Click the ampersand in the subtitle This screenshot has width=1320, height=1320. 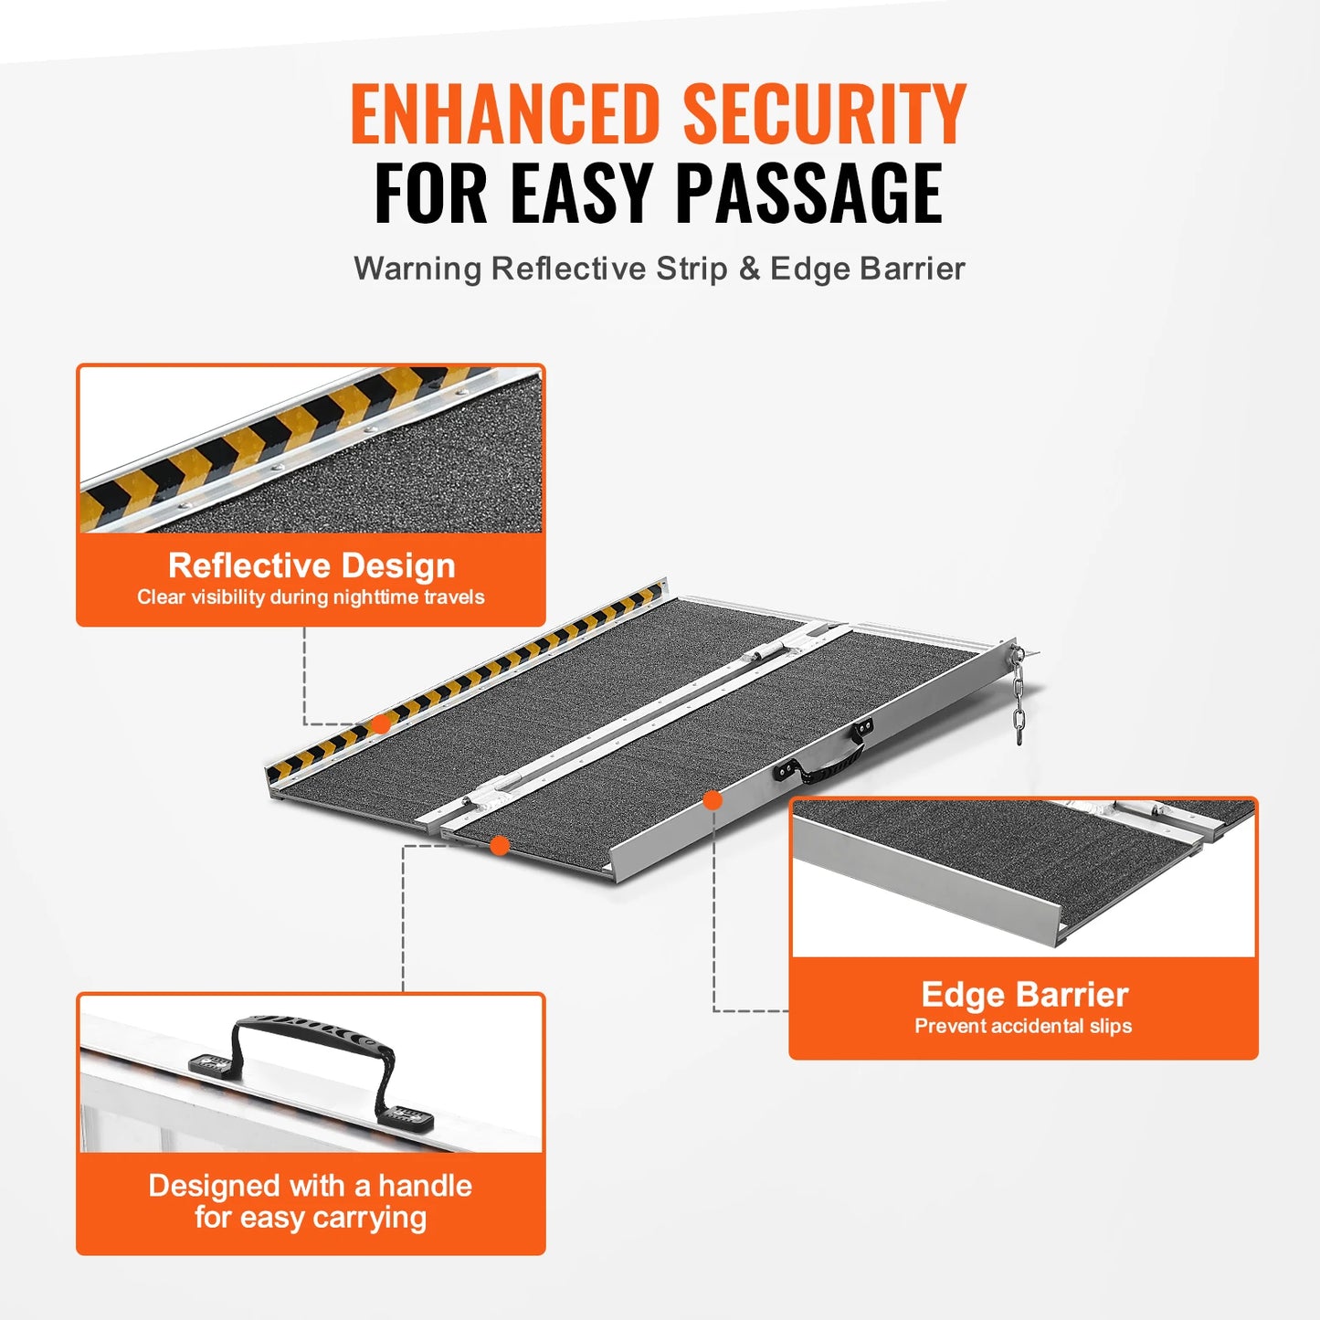point(749,269)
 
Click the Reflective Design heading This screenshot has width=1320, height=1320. point(312,565)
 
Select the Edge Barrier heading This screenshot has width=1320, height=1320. point(1024,994)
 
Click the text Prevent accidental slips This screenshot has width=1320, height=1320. point(1023,1026)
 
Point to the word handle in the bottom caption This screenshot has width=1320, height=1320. point(425,1186)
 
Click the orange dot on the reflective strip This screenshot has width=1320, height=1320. point(381,724)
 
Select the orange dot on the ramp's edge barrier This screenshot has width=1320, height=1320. point(713,800)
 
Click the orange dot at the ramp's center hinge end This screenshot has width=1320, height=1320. point(500,846)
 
